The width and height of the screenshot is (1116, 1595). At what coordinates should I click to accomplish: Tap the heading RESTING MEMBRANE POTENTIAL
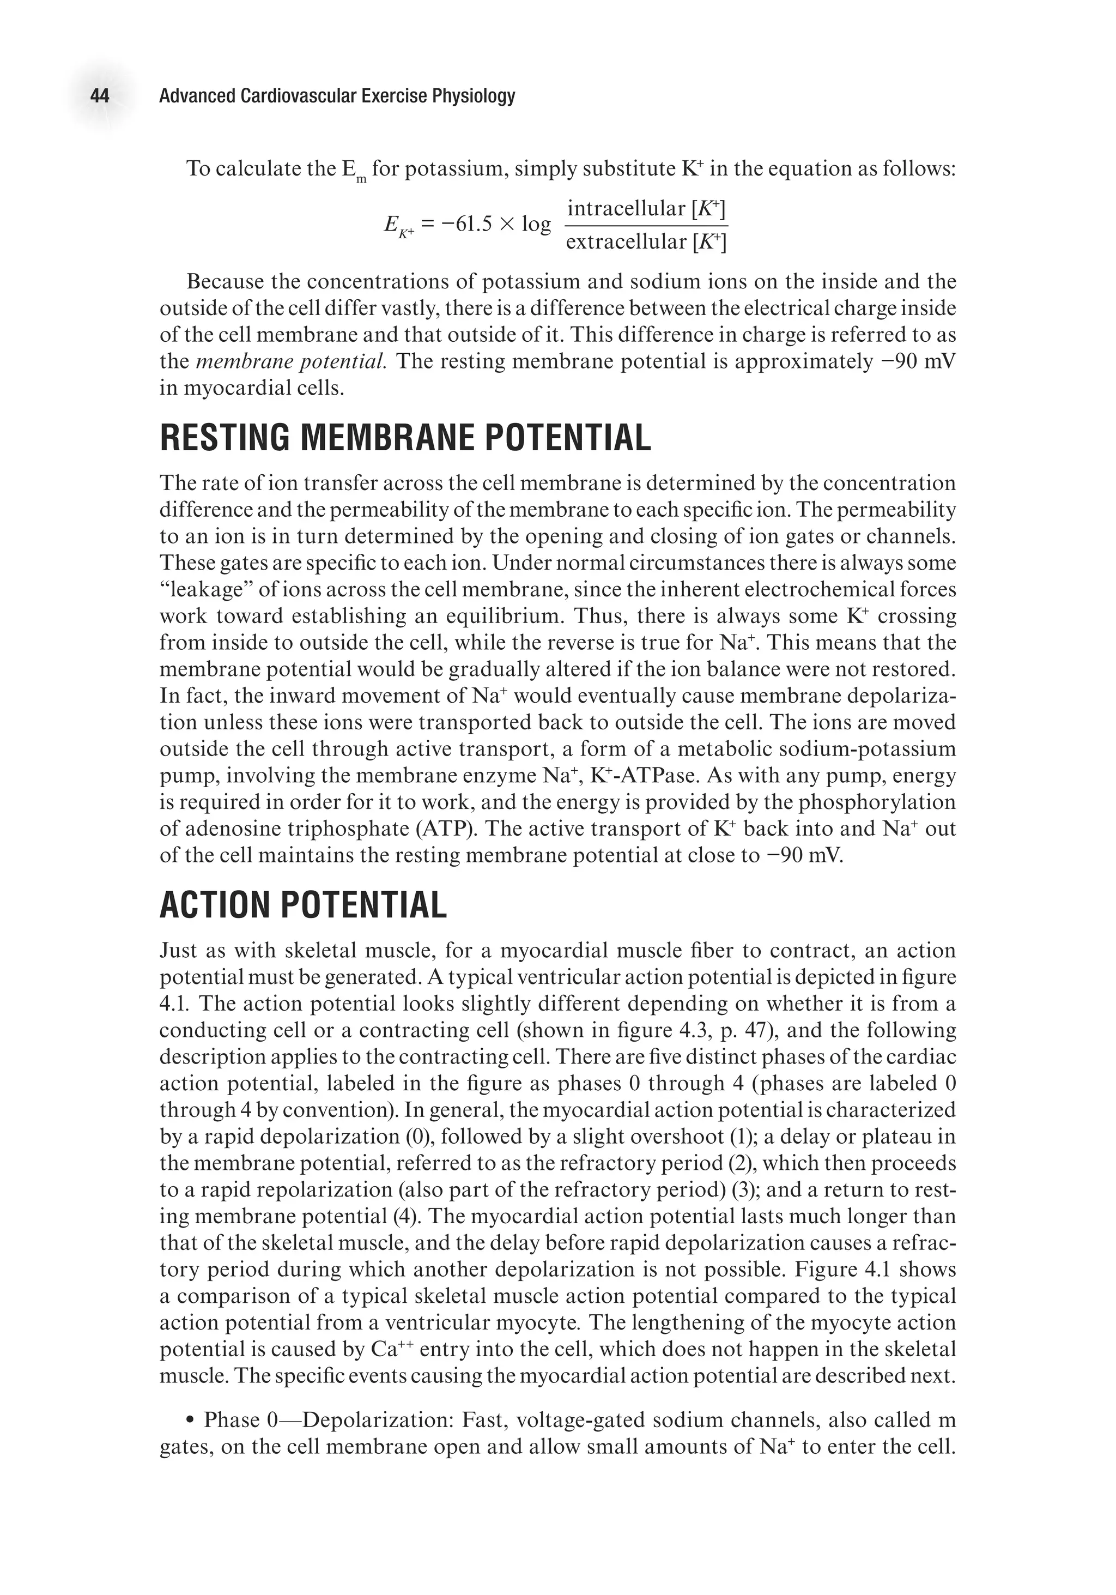click(405, 438)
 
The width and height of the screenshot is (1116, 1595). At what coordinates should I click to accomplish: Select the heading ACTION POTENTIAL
click(303, 906)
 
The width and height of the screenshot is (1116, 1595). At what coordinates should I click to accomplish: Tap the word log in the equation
click(536, 225)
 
